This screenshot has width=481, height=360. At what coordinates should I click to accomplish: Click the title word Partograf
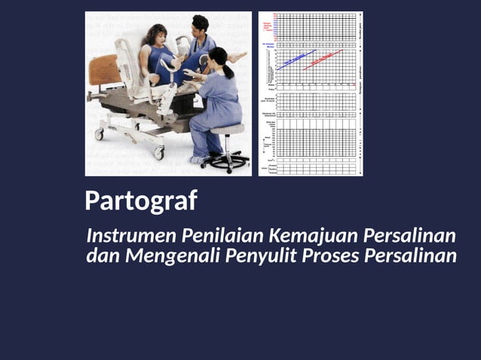point(141,201)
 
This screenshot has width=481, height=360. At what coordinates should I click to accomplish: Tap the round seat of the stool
point(227,129)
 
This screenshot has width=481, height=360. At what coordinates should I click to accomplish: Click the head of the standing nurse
point(200,26)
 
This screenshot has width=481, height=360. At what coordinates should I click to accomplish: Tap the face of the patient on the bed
point(159,36)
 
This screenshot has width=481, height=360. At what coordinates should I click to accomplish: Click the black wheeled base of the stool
point(225,160)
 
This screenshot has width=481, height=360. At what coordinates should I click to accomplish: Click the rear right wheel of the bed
point(158,153)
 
